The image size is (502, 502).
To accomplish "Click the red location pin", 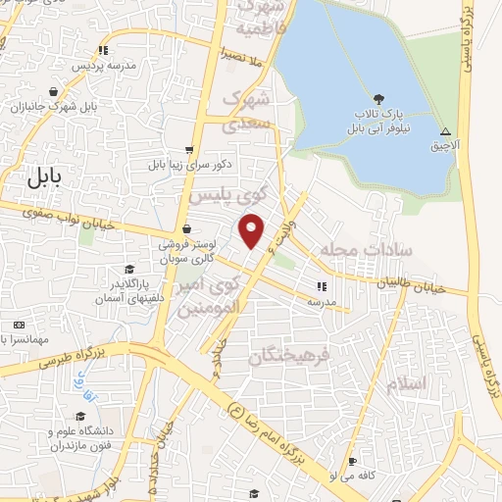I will [x=252, y=229].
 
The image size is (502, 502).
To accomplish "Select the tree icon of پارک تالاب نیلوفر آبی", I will [x=378, y=98].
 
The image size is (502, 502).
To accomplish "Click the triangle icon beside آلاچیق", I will [x=445, y=131].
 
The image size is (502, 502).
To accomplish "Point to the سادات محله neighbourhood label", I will [x=374, y=250].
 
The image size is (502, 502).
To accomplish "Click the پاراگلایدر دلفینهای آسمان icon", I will [x=128, y=270].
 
